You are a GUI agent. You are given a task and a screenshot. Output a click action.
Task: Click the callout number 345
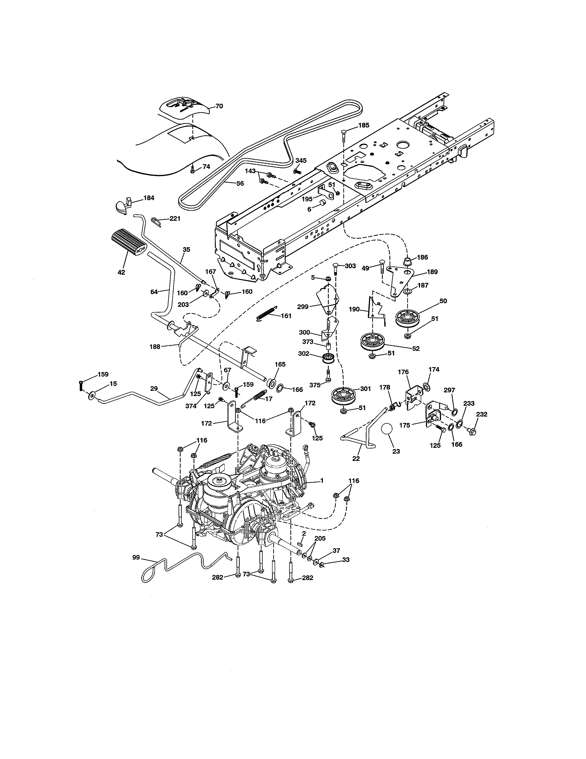pyautogui.click(x=301, y=160)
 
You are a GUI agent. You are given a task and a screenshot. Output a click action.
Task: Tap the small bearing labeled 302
pyautogui.click(x=328, y=358)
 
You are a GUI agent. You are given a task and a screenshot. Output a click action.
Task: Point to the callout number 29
pyautogui.click(x=154, y=388)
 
